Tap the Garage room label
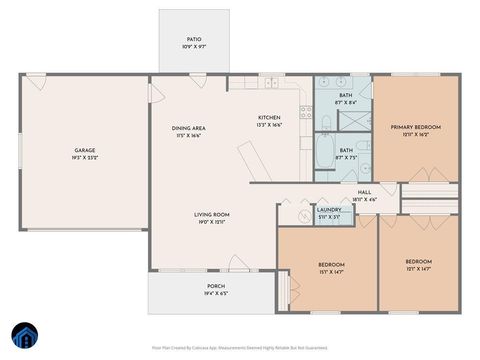point(83,154)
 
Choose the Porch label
point(216,289)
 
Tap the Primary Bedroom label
point(415,130)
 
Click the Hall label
point(364,194)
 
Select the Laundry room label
point(329,212)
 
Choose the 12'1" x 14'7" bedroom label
point(418,263)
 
